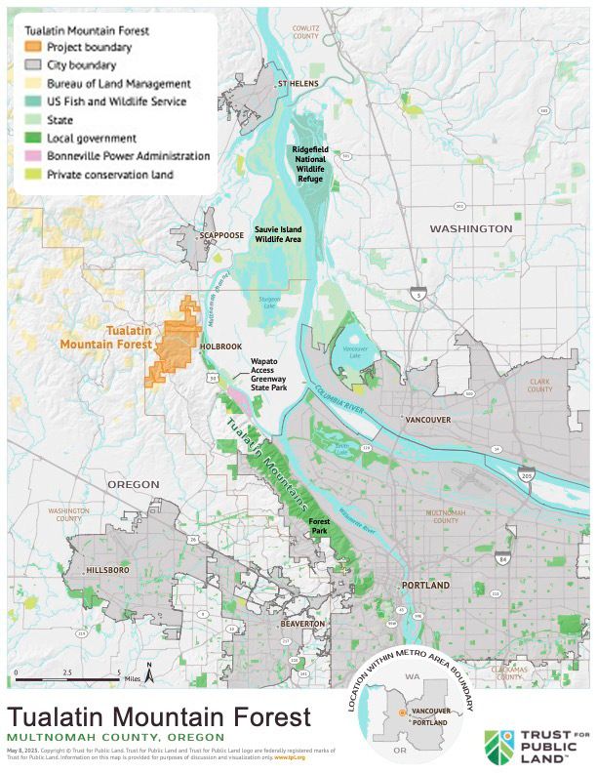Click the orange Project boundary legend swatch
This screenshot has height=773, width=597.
click(33, 47)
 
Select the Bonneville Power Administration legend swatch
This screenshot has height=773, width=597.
click(33, 156)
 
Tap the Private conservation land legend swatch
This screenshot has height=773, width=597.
click(33, 175)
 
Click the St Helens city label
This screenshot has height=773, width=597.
click(298, 84)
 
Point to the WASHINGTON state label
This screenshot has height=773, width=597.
click(471, 228)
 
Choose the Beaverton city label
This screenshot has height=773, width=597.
click(301, 623)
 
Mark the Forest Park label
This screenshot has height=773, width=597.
click(319, 526)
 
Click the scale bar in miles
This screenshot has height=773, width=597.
click(68, 677)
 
